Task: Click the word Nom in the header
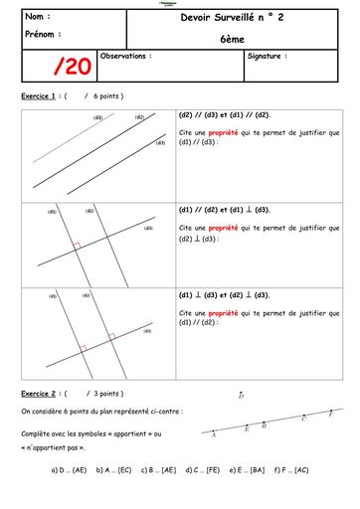coord(37,17)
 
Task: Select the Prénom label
coord(40,33)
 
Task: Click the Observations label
coord(126,57)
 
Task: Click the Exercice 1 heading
coord(39,96)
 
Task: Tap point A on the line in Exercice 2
coord(215,434)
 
